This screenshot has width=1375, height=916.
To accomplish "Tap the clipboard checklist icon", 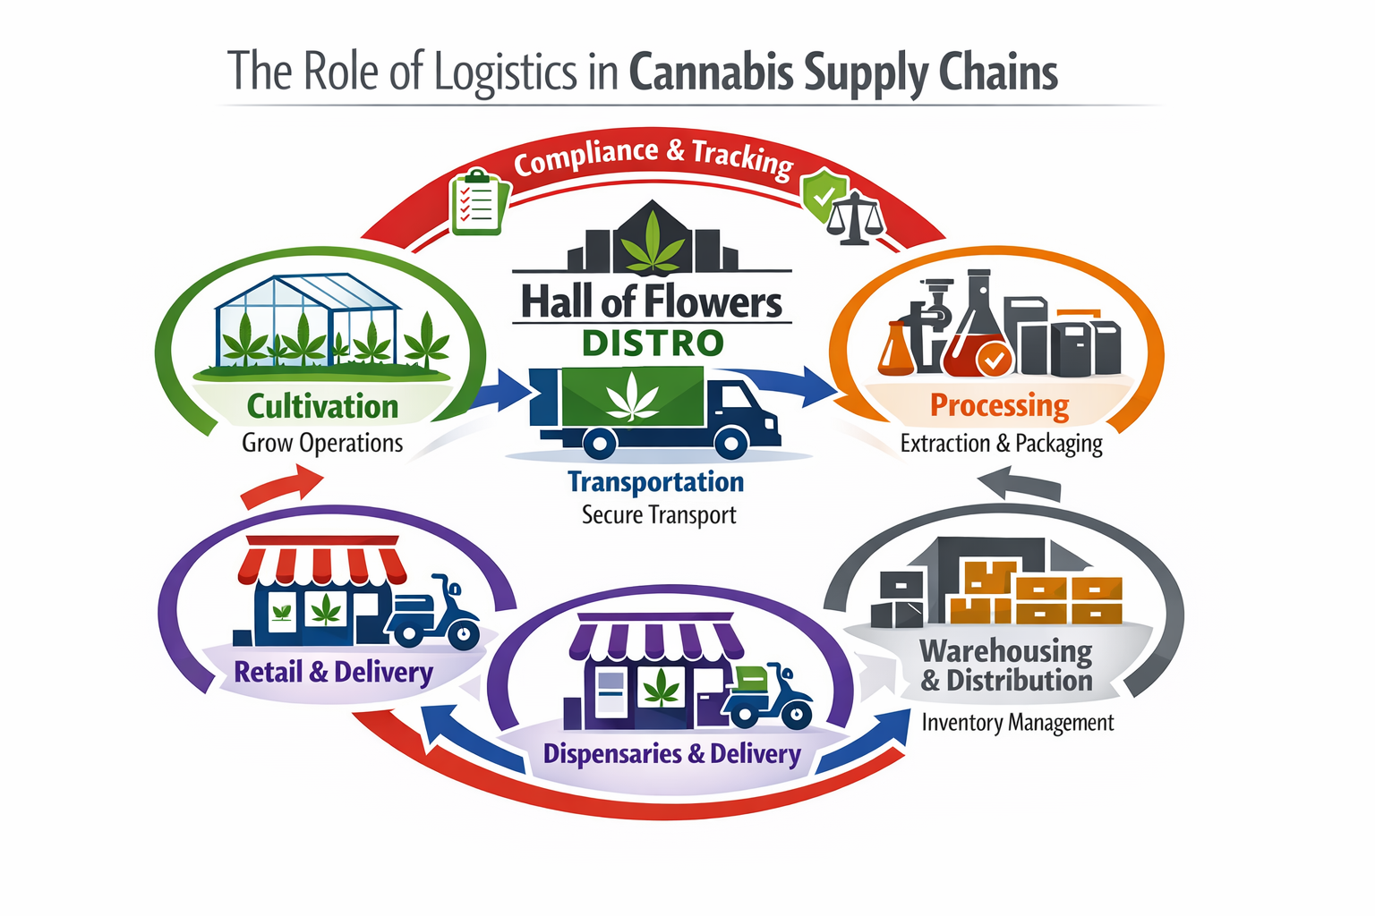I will coord(477,202).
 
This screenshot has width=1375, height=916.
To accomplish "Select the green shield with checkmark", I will coord(824,195).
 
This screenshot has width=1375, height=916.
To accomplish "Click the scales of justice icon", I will coord(856,219).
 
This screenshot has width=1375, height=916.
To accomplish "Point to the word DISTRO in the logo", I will coord(653,343).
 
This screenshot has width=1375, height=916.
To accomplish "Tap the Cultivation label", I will coord(322,407).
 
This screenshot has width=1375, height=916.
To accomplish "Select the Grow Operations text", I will coord(322,444).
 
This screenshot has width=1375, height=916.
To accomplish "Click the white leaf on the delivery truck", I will coord(632,397).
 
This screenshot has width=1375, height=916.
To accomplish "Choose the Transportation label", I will coord(655,482).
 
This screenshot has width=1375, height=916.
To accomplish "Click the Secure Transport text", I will coord(659,515).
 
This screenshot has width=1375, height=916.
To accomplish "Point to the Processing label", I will coord(999,406).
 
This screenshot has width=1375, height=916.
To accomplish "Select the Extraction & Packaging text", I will coord(1001,444).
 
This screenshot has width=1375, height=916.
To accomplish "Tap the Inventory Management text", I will coord(1018,723).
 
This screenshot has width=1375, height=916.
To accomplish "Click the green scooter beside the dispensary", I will coord(767,698).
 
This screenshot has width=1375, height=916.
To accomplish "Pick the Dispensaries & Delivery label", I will coord(671,754).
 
